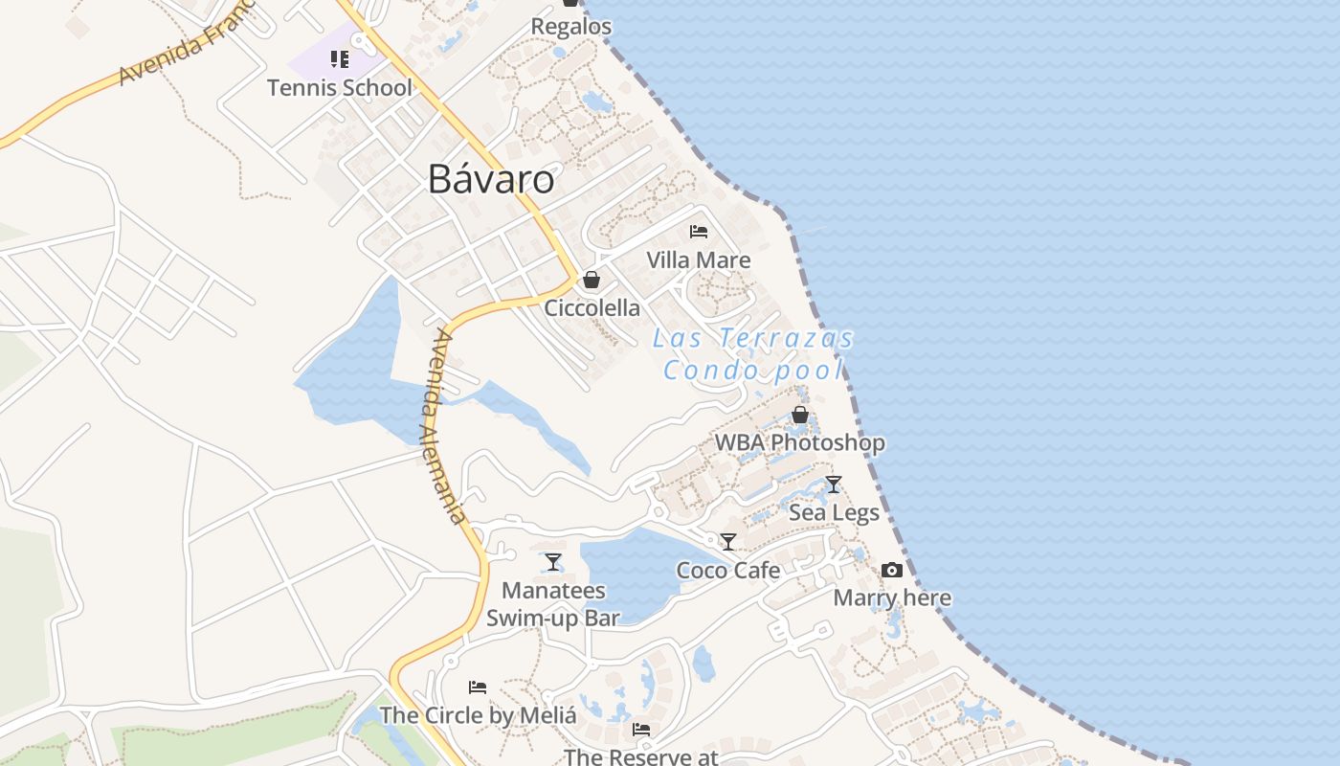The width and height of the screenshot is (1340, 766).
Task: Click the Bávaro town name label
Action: tap(490, 179)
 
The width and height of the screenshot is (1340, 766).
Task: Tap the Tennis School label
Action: tap(339, 88)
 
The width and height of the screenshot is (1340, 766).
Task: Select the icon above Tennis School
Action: tap(339, 59)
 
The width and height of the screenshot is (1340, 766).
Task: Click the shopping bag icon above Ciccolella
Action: tap(592, 280)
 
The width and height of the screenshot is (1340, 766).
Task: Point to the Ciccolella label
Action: tap(592, 307)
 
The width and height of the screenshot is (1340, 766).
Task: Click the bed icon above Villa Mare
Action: tap(699, 232)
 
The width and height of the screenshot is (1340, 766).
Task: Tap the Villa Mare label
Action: tap(699, 259)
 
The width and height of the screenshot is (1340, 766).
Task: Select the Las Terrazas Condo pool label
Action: tap(753, 353)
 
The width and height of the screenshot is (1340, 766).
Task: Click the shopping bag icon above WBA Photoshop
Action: tap(800, 415)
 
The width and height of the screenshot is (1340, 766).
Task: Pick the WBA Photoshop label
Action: tap(800, 442)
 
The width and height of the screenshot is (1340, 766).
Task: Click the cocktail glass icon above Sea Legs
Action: tap(834, 484)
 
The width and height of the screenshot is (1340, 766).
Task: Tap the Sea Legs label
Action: tap(834, 512)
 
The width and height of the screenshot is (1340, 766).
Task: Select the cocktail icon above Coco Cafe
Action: tap(728, 542)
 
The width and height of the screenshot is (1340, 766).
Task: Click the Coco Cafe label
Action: tap(728, 571)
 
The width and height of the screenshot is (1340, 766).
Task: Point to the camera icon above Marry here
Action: tap(892, 570)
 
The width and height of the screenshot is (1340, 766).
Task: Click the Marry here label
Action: tap(892, 598)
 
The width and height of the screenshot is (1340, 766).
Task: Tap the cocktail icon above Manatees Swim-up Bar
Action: tap(553, 562)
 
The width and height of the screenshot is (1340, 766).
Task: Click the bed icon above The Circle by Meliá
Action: tap(478, 687)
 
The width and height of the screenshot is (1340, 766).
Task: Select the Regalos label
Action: tap(571, 27)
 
